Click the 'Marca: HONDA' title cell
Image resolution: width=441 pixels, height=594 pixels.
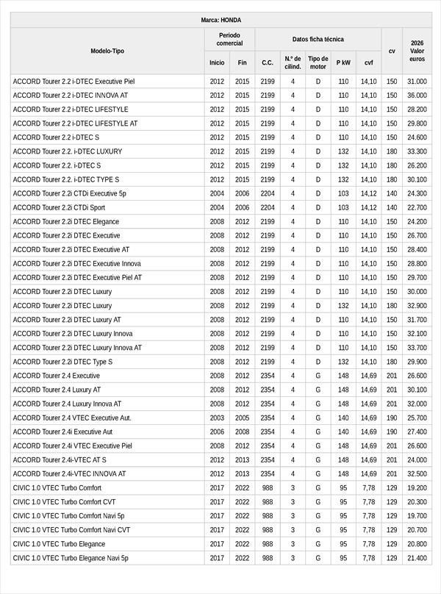[x=220, y=20]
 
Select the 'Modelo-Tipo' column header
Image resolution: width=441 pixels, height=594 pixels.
[x=107, y=51]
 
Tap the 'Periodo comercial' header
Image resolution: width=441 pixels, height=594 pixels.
[x=229, y=39]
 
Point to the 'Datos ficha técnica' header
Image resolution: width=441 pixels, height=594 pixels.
[x=318, y=39]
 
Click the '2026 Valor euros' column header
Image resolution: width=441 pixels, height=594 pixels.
[x=417, y=51]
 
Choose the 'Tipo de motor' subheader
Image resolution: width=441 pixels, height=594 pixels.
[x=318, y=62]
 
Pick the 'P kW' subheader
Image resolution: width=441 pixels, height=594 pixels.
[x=343, y=62]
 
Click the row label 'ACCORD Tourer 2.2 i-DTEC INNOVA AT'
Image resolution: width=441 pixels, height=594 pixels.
[x=71, y=96]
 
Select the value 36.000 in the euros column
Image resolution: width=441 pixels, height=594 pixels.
[x=417, y=96]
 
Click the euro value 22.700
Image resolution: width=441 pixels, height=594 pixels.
[x=417, y=207]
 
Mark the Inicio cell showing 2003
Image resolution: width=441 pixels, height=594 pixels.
[x=217, y=418]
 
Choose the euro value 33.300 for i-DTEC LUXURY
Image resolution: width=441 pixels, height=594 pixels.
[x=417, y=151]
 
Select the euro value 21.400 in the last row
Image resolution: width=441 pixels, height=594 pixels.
[x=417, y=558]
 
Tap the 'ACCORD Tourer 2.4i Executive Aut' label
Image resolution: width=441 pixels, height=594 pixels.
[x=62, y=432]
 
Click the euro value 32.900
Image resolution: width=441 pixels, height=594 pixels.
[x=417, y=306]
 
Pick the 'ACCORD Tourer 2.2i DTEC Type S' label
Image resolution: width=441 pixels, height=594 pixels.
[x=62, y=362]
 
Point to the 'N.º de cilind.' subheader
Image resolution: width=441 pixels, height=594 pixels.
[x=293, y=62]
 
